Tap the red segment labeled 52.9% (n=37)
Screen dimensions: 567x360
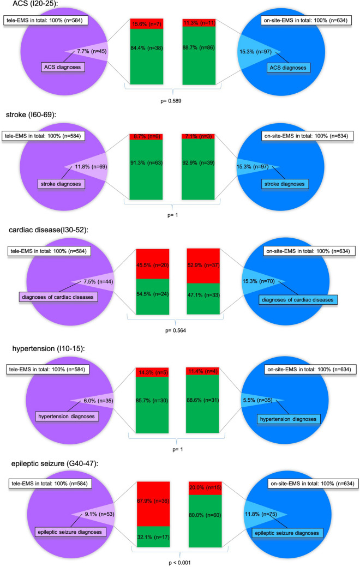pos(203,265)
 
